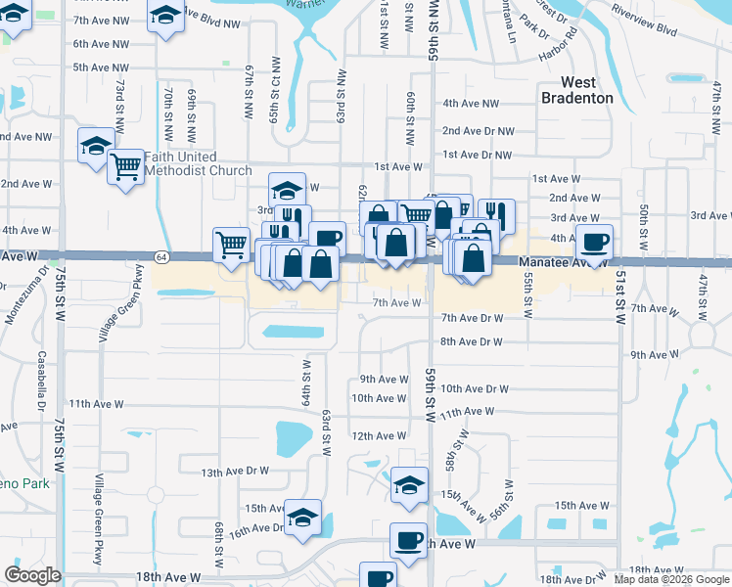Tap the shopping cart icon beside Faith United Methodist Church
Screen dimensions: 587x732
[125, 166]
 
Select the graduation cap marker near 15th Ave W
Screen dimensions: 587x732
[303, 515]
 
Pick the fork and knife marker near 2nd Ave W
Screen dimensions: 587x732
[496, 214]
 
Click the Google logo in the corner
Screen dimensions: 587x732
[32, 575]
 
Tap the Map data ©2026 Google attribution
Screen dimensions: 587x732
[671, 579]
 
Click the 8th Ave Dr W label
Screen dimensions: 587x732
[471, 341]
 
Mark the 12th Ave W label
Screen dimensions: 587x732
[379, 435]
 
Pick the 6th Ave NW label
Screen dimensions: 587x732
[101, 44]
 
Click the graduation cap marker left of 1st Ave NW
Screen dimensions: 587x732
[96, 146]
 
